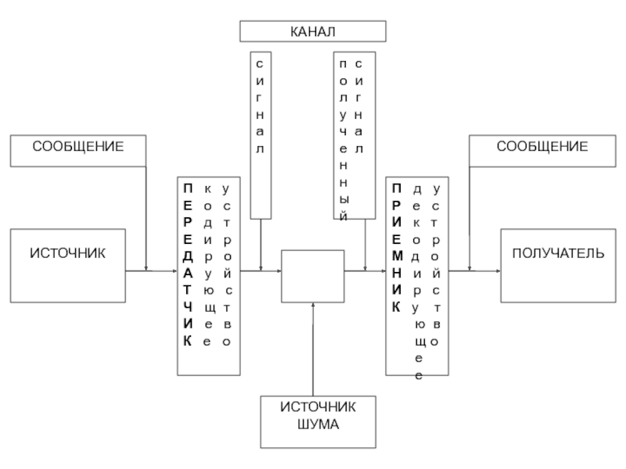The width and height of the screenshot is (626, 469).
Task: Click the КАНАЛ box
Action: pos(312,31)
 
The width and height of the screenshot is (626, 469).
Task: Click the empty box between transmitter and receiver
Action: pos(312,275)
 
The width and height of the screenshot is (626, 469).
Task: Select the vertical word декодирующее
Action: pos(417,281)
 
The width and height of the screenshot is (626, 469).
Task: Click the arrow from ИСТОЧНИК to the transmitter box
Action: pos(153,270)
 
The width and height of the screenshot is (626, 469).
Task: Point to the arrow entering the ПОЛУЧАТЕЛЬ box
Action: pos(476,270)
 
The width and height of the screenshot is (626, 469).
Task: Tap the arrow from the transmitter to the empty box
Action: pos(261,270)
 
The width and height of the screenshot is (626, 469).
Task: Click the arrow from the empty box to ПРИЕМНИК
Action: pos(365,270)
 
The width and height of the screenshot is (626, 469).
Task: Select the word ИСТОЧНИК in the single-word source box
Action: pos(67,253)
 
